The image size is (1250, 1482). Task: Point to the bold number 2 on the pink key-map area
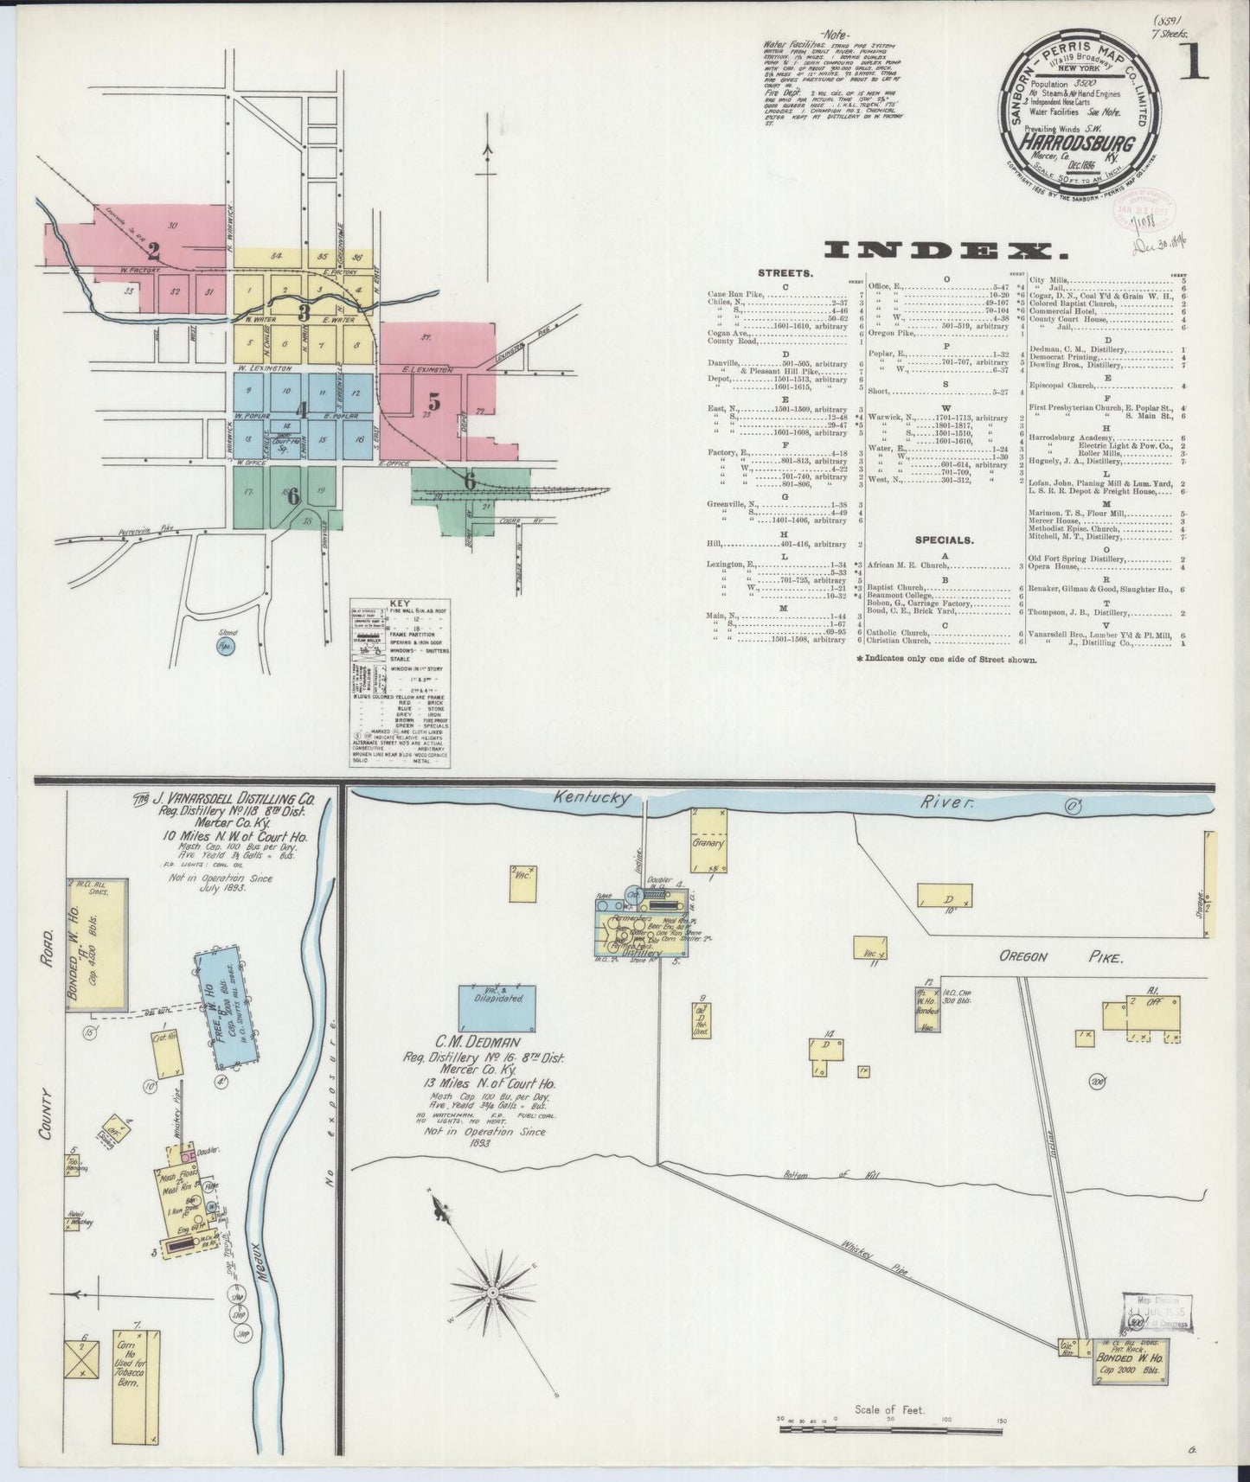point(154,252)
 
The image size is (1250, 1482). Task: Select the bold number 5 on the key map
point(434,401)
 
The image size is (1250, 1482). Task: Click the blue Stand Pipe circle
point(227,646)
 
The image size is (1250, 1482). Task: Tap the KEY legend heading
point(402,604)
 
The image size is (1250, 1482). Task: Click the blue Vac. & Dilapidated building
point(496,1003)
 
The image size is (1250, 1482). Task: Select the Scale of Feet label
point(889,1410)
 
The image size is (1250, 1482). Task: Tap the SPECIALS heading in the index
point(943,540)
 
